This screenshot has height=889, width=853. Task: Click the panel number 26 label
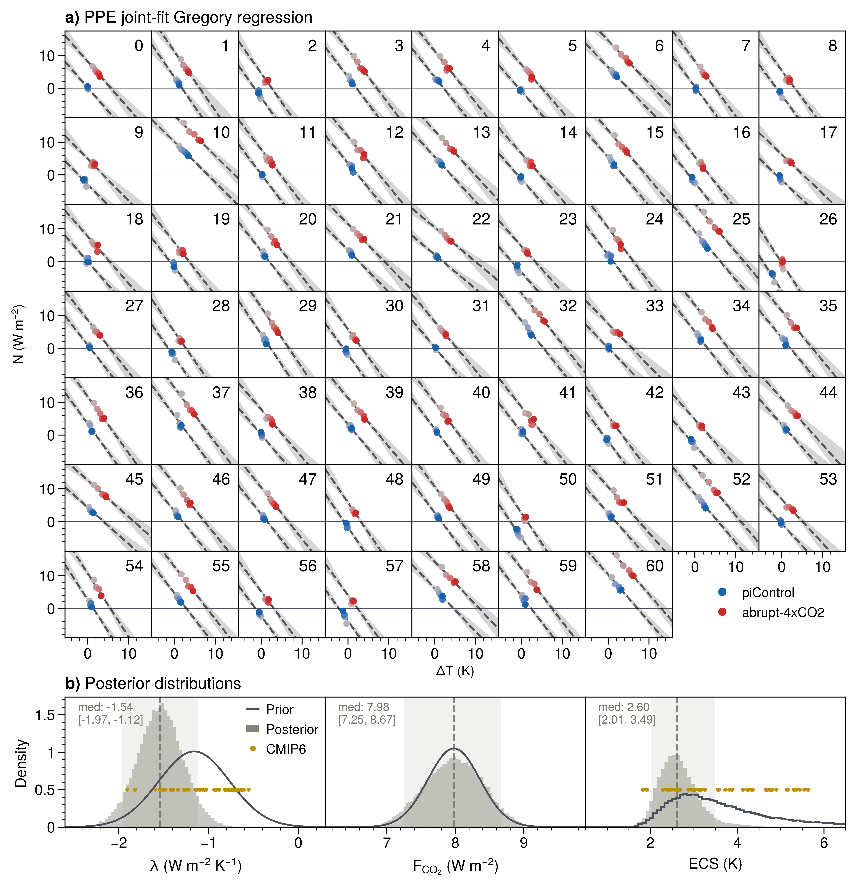(828, 219)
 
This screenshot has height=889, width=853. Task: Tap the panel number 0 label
(139, 46)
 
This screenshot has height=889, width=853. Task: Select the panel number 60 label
(655, 566)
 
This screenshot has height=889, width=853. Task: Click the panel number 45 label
(134, 479)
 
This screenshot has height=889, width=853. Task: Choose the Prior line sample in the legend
(253, 709)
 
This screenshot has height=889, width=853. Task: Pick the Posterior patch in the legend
(253, 729)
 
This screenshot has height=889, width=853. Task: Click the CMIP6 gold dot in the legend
(253, 748)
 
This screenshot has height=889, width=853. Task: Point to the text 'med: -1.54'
(105, 707)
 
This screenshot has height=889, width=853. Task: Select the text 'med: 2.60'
(624, 707)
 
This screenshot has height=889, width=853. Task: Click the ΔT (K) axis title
(455, 670)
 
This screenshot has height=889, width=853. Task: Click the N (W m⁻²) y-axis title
(18, 334)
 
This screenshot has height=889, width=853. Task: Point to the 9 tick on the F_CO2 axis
(524, 843)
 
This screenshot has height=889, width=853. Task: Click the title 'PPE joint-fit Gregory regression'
(198, 17)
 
